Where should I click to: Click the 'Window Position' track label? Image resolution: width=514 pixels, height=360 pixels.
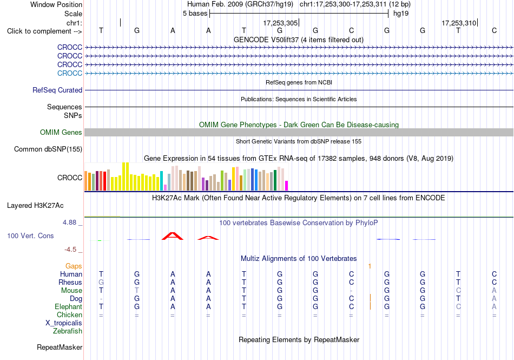click(x=56, y=4)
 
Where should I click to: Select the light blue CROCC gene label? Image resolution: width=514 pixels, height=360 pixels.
click(x=69, y=73)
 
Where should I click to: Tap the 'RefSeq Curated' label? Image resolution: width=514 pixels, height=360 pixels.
click(x=57, y=90)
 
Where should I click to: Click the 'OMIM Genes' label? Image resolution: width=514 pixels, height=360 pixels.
click(x=61, y=132)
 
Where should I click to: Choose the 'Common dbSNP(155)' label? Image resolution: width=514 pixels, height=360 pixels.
click(x=48, y=149)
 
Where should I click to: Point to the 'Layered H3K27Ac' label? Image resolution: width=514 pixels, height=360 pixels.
click(x=35, y=206)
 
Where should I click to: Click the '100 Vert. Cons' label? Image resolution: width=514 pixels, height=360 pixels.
click(x=30, y=235)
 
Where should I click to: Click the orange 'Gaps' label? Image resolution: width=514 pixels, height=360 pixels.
click(x=74, y=266)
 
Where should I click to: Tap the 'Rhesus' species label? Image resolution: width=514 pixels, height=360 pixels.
click(x=70, y=282)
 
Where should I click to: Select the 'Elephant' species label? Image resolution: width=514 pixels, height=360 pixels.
click(x=69, y=306)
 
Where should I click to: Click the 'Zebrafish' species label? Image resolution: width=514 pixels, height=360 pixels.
click(x=68, y=331)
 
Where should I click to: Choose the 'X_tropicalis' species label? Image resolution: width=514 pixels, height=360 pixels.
click(x=64, y=323)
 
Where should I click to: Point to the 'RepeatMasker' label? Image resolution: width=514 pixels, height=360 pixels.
click(x=60, y=347)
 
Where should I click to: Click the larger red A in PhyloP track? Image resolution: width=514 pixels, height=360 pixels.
click(x=173, y=236)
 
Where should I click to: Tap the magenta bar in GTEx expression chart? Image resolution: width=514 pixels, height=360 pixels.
click(x=286, y=186)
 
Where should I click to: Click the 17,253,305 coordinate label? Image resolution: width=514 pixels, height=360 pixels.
click(x=280, y=23)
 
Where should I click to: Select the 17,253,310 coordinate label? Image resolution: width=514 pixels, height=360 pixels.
click(x=459, y=23)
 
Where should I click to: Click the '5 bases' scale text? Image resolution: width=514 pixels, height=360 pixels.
click(x=195, y=14)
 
